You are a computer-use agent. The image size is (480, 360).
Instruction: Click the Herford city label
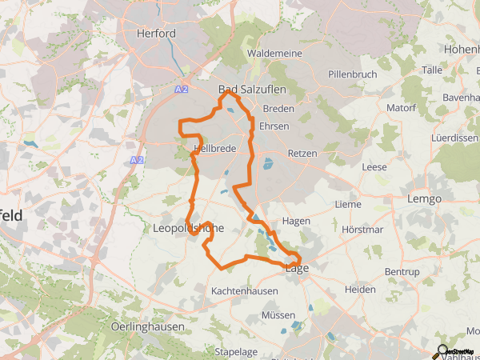(x=155, y=34)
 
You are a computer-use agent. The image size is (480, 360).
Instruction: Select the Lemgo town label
(x=425, y=198)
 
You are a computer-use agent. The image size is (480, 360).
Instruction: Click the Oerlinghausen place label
(x=148, y=326)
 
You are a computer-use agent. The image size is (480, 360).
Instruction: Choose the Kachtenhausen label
(x=245, y=290)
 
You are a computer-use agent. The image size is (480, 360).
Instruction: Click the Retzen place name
(x=302, y=153)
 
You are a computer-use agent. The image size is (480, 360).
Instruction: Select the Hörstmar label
(x=362, y=230)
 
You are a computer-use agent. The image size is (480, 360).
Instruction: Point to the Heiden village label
(x=359, y=290)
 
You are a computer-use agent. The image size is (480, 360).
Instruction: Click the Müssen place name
(x=278, y=315)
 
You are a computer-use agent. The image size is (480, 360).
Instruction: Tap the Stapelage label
(x=236, y=351)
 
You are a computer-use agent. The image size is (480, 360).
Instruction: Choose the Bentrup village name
(x=402, y=272)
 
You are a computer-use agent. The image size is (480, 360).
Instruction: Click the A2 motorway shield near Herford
(x=182, y=90)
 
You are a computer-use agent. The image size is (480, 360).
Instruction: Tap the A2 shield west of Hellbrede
(x=136, y=161)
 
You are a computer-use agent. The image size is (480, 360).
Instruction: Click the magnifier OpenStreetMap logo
(x=441, y=350)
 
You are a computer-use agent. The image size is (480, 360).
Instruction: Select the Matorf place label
(x=401, y=107)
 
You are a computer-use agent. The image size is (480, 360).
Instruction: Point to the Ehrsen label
(x=274, y=126)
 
